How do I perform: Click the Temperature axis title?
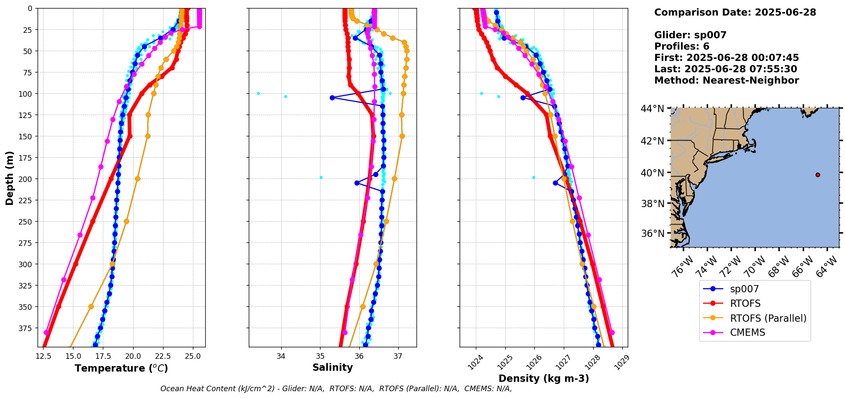pos(121,368)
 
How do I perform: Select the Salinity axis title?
pos(332,367)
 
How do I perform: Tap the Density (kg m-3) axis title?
pos(543,378)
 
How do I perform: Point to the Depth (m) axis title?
pos(9,178)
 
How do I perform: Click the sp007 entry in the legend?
pos(744,289)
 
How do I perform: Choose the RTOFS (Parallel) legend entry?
pos(768,318)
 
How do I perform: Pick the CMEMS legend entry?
pos(747,332)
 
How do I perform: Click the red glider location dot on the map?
pos(818,175)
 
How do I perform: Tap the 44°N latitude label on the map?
pos(652,109)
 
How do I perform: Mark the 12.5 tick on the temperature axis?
pos(43,356)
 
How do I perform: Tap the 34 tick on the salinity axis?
pos(281,356)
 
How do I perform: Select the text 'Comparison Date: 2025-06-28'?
pos(735,12)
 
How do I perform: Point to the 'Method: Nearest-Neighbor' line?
pos(726,81)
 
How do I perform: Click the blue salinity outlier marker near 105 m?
pos(332,98)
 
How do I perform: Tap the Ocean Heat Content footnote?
pos(336,389)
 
